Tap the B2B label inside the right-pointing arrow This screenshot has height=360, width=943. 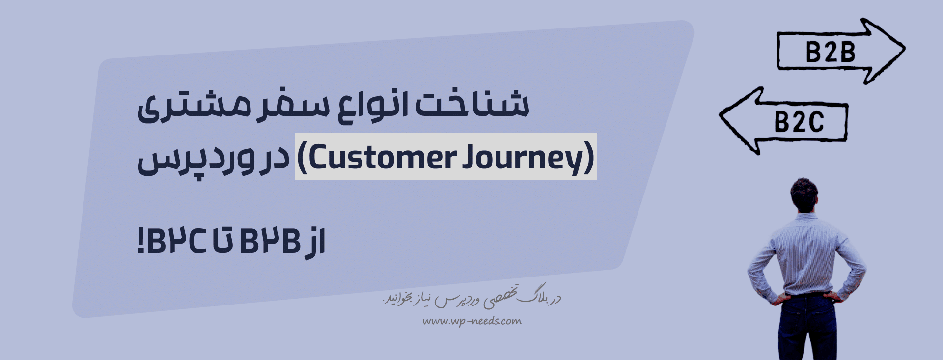coord(831,52)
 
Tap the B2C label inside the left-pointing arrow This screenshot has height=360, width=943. coord(799,122)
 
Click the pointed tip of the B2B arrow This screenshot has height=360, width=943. coord(904,49)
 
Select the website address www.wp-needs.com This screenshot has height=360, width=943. coord(472,321)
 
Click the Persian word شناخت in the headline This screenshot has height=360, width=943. coord(472,104)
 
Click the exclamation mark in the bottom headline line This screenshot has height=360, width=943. coord(141,241)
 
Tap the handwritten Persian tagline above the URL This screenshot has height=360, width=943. coord(472,296)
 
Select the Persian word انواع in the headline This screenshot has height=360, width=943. coord(373,106)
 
